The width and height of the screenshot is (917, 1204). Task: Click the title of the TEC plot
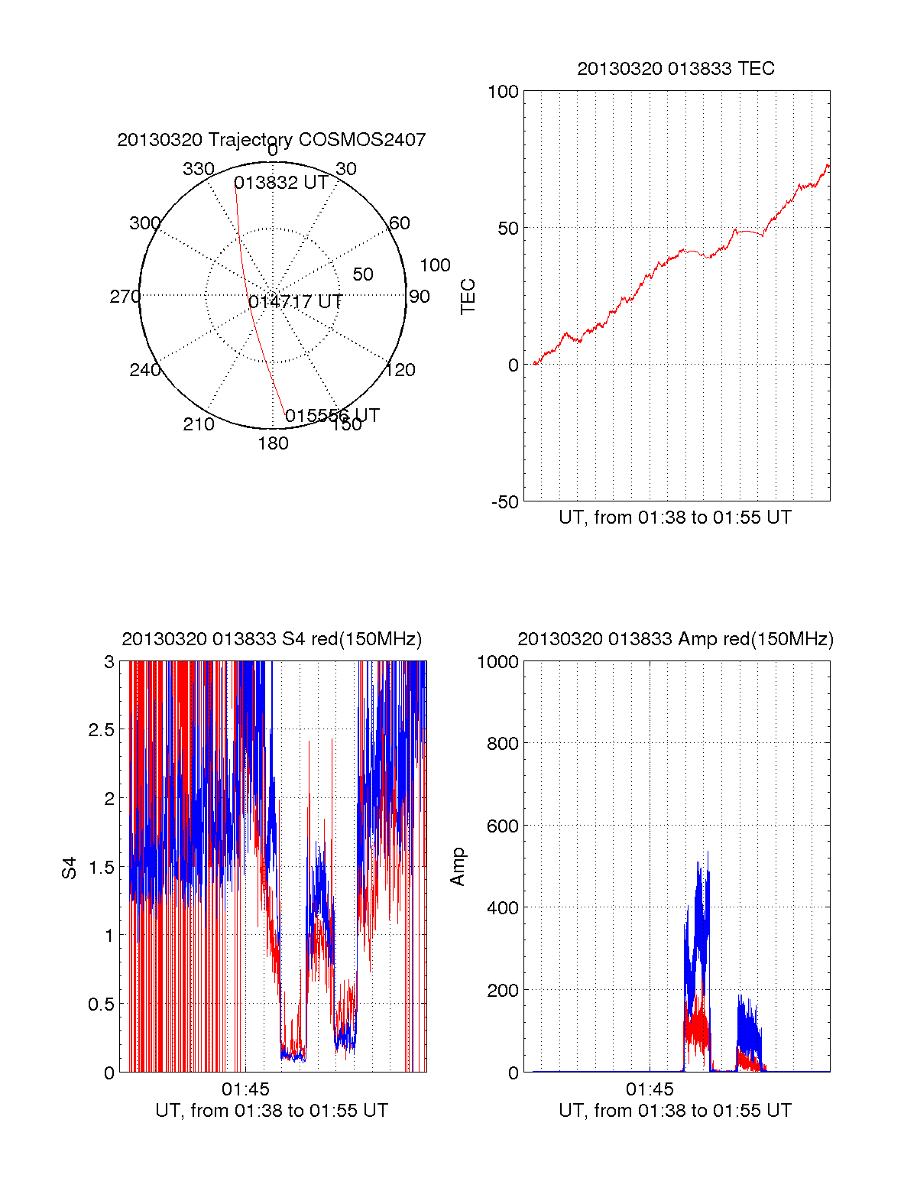(676, 69)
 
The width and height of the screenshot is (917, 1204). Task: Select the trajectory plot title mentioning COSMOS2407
(271, 140)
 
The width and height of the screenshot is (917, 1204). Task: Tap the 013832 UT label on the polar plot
(280, 183)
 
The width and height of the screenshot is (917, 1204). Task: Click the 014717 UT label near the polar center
(295, 302)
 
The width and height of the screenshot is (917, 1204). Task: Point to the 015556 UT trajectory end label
(332, 416)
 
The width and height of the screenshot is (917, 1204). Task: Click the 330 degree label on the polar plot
(198, 169)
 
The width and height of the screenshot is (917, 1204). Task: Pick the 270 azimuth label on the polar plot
(125, 297)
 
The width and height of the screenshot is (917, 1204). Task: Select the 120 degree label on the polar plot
(400, 370)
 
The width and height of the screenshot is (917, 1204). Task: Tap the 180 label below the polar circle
(273, 443)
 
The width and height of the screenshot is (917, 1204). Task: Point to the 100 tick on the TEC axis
(503, 92)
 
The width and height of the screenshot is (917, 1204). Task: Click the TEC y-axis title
(468, 297)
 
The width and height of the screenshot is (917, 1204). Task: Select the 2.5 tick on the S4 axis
(102, 730)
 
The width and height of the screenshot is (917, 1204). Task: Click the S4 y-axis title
(70, 868)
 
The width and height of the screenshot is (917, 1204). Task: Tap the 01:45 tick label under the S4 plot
(245, 1089)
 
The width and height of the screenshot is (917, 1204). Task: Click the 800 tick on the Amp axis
(502, 744)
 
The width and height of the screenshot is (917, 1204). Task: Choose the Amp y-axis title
(458, 867)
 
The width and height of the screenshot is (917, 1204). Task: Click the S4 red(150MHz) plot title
(271, 639)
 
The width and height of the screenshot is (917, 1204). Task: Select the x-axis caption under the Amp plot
(675, 1111)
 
